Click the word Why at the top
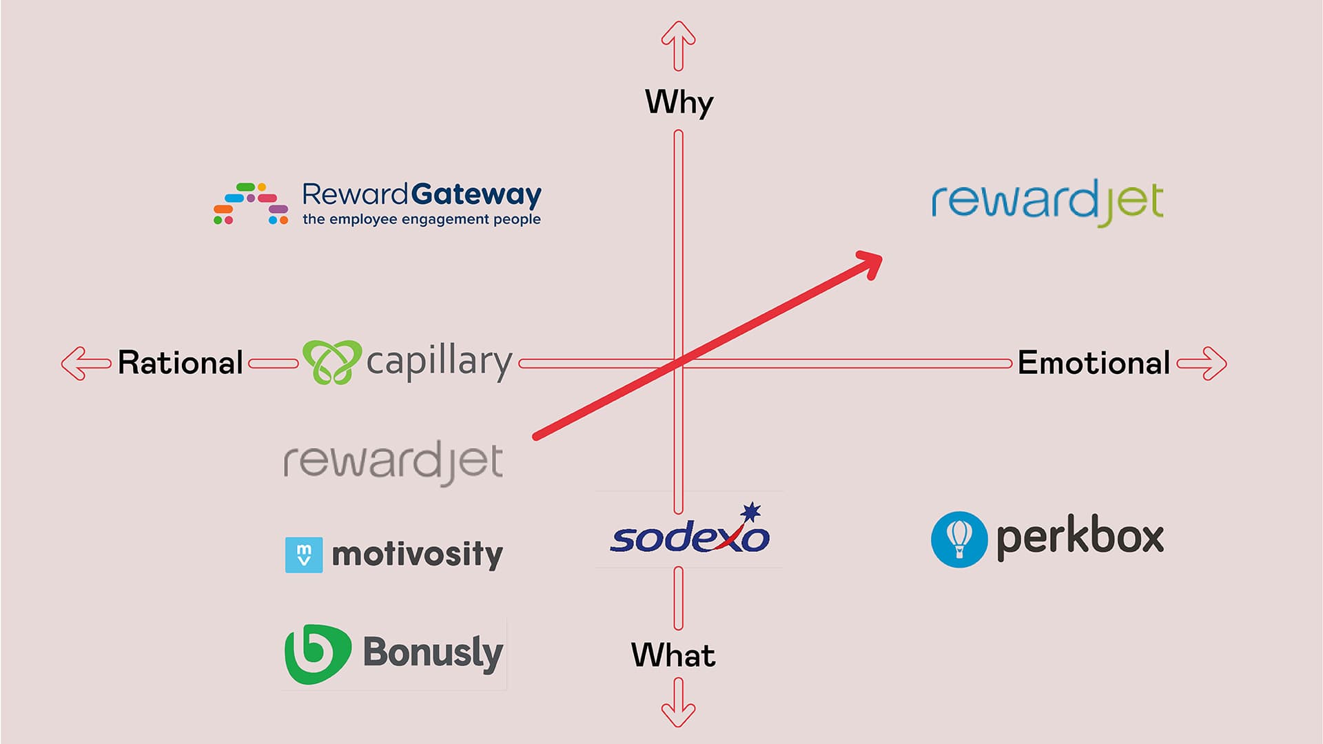coord(679,102)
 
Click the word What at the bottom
coord(673,655)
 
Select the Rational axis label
coord(181,363)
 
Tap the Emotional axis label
coord(1094,363)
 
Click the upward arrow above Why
coord(679,45)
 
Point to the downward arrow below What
coord(679,703)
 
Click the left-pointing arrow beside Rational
coord(85,364)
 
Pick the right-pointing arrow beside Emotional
coord(1202,364)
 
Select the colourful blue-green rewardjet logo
coord(1047,202)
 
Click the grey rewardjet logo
coord(393,462)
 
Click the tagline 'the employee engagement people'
coord(421,220)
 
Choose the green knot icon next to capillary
coord(332,362)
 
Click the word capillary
coord(440,362)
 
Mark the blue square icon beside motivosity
coord(303,555)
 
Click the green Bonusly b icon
coord(318,654)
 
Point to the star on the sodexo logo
coord(751,513)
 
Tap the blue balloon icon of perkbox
coord(958,539)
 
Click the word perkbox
coord(1080,537)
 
